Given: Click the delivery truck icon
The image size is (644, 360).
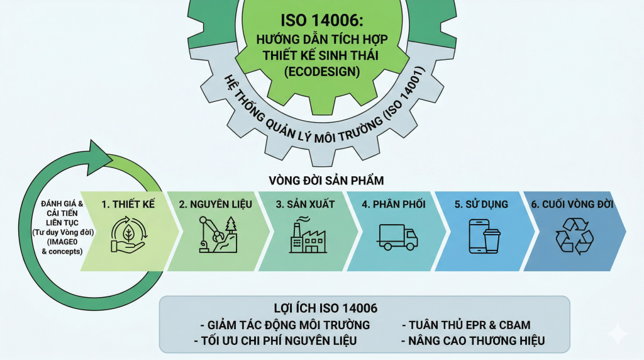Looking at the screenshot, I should click(x=397, y=237).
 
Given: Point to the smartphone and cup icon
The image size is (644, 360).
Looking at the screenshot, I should click(x=484, y=237).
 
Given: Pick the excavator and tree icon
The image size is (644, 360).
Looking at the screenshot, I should click(x=218, y=235).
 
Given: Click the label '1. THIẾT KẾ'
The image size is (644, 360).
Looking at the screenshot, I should click(x=128, y=204).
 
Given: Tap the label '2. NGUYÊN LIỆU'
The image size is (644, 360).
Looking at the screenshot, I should click(x=216, y=204).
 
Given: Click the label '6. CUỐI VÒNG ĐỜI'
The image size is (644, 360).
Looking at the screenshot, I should click(x=572, y=204).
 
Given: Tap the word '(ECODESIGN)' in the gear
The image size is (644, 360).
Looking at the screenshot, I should click(x=321, y=72).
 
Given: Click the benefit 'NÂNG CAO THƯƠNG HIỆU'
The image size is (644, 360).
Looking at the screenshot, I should click(x=472, y=341).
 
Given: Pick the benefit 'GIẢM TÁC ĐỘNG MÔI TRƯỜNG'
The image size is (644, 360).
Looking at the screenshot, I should click(x=285, y=325).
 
